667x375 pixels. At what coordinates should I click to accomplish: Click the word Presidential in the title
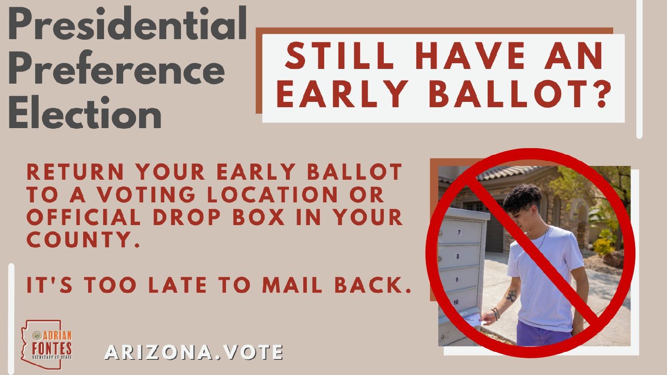pyautogui.click(x=128, y=23)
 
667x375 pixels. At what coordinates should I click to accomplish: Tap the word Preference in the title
pyautogui.click(x=117, y=68)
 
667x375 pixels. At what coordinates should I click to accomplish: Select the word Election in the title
pyautogui.click(x=85, y=112)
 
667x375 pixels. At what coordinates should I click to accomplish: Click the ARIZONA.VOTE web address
pyautogui.click(x=193, y=352)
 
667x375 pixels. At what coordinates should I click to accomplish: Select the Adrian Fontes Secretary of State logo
pyautogui.click(x=47, y=344)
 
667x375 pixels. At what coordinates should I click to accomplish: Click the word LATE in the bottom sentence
pyautogui.click(x=177, y=285)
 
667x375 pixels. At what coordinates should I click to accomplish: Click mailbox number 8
pyautogui.click(x=459, y=256)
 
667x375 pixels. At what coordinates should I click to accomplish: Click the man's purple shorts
pyautogui.click(x=544, y=334)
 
